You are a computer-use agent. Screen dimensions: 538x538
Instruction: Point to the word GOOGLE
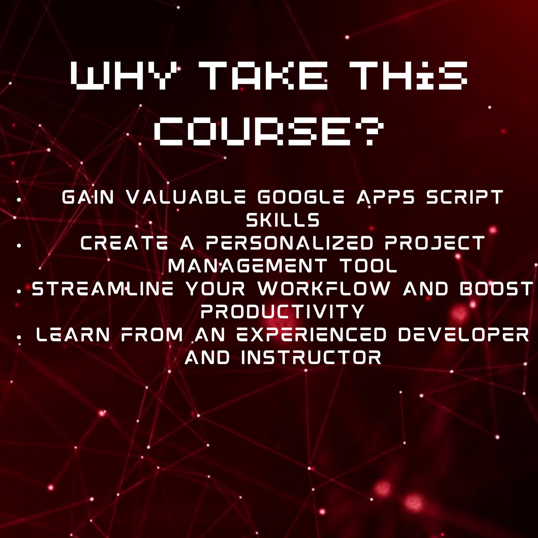(x=301, y=197)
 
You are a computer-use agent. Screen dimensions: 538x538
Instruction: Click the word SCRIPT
(x=464, y=197)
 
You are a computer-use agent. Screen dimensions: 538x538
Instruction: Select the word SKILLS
(x=283, y=220)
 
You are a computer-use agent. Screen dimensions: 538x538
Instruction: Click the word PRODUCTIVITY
(x=283, y=311)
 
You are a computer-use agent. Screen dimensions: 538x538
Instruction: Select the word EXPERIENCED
(x=311, y=335)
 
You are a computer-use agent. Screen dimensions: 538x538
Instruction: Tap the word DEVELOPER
(x=463, y=335)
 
